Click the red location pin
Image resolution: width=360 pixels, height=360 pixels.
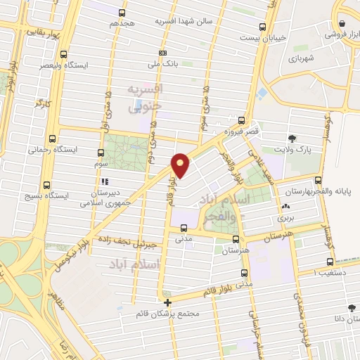click(181, 165)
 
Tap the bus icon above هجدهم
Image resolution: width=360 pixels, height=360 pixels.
click(122, 13)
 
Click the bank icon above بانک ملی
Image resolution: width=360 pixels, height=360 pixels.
click(163, 53)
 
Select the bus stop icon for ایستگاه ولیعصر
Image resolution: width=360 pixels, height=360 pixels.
click(64, 53)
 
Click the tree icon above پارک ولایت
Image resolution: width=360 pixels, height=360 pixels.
click(292, 138)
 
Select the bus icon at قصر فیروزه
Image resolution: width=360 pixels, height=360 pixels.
click(242, 120)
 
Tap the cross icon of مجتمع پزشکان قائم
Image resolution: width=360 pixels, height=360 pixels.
click(167, 302)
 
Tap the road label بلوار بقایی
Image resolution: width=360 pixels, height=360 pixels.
click(42, 32)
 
